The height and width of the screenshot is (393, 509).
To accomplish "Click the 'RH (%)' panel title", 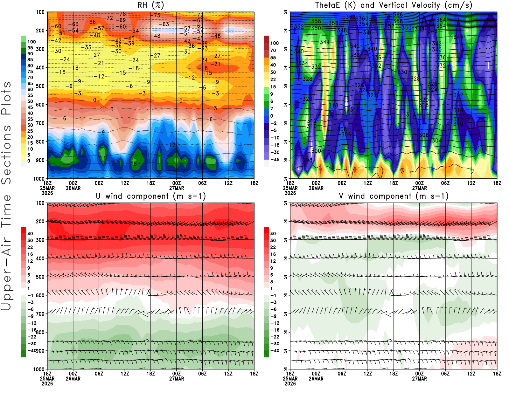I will pyautogui.click(x=151, y=5).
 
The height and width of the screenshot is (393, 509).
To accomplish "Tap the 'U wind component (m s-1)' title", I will pyautogui.click(x=151, y=196).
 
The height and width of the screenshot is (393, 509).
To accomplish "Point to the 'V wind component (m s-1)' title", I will pyautogui.click(x=394, y=196).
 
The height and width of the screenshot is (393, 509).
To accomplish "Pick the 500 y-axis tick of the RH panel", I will pyautogui.click(x=40, y=86).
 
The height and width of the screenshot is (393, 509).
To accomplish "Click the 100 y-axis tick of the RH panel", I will pyautogui.click(x=40, y=12).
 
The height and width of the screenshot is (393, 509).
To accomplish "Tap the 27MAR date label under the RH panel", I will pyautogui.click(x=177, y=188).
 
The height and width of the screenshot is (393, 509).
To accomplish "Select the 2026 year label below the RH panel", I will pyautogui.click(x=47, y=193).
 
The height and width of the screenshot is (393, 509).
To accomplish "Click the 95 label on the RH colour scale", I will pyautogui.click(x=30, y=48).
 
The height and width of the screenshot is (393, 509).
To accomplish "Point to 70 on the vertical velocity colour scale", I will pyautogui.click(x=273, y=50).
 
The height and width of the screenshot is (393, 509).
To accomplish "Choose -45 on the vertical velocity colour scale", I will pyautogui.click(x=275, y=160).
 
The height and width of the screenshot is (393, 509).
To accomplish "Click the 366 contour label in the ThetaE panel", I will pyautogui.click(x=398, y=15).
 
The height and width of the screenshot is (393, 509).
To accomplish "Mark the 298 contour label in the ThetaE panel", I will pyautogui.click(x=307, y=160).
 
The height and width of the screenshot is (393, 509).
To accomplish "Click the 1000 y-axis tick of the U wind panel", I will pyautogui.click(x=39, y=369).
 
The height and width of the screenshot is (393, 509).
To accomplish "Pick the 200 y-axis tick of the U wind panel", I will pyautogui.click(x=40, y=221).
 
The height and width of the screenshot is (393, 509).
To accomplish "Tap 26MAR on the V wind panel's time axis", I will pyautogui.click(x=316, y=379).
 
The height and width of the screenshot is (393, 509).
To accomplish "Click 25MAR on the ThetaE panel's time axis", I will pyautogui.click(x=290, y=188).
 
